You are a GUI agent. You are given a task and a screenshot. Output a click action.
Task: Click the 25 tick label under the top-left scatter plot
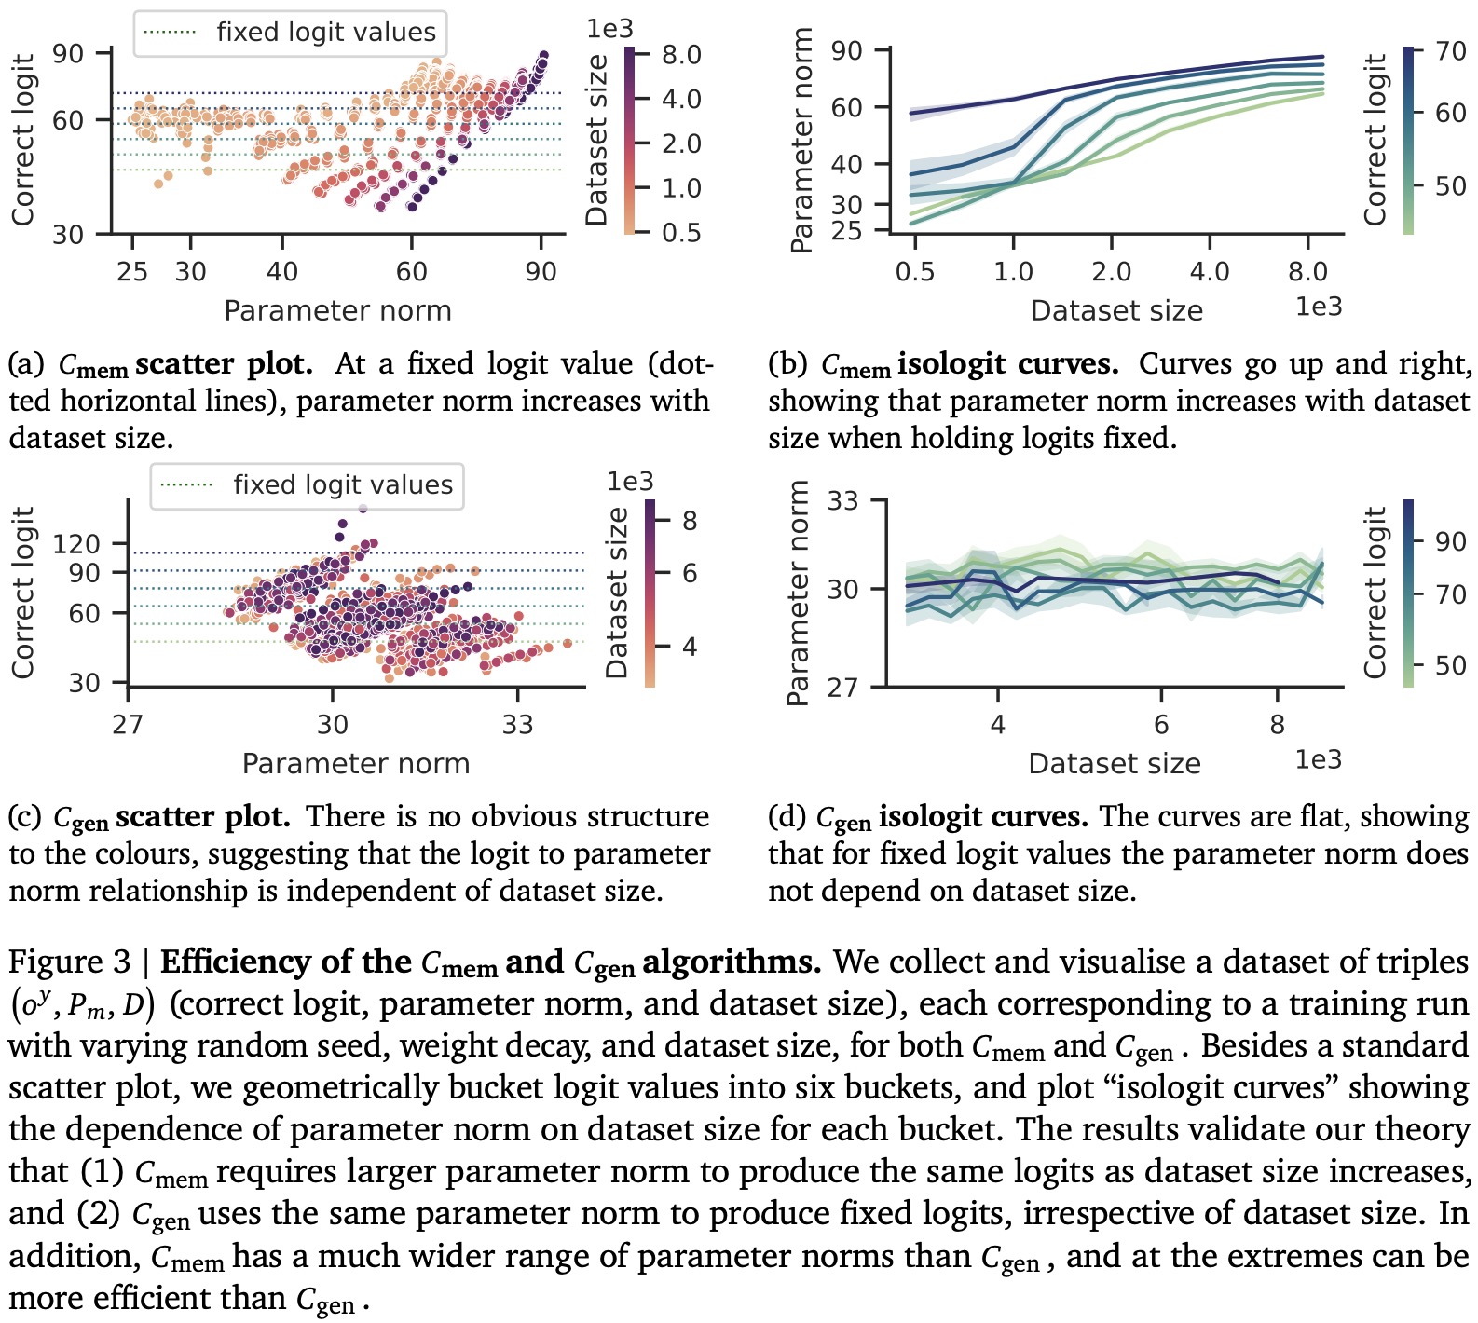[x=133, y=272]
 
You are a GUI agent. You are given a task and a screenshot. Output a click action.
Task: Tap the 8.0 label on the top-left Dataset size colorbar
[x=681, y=55]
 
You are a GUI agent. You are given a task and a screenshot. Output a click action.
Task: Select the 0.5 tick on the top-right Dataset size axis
[x=915, y=272]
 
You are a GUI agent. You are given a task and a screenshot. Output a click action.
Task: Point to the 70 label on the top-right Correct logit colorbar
[x=1451, y=51]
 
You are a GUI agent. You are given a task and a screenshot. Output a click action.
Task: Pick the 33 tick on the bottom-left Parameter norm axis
[x=517, y=725]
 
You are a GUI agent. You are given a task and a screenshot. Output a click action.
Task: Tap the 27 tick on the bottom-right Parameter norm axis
[x=842, y=687]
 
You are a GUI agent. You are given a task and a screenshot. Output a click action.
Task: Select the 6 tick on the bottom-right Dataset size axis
[x=1161, y=725]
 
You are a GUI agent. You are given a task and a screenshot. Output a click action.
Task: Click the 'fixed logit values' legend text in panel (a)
[x=326, y=33]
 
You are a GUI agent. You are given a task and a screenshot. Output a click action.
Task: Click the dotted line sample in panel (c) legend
[x=187, y=485]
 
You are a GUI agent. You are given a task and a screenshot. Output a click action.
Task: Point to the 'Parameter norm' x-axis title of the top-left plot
[x=337, y=310]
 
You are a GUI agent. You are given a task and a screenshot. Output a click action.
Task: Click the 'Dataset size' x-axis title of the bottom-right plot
[x=1115, y=763]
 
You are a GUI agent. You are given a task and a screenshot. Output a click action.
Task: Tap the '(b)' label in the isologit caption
[x=787, y=363]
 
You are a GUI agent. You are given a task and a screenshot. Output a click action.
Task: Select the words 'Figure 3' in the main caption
[x=71, y=962]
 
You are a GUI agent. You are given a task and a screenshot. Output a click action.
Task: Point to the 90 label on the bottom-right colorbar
[x=1451, y=541]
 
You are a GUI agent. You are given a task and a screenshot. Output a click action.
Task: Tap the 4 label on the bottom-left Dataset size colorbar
[x=690, y=646]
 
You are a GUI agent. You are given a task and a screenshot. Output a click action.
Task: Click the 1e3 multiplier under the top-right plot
[x=1319, y=307]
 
